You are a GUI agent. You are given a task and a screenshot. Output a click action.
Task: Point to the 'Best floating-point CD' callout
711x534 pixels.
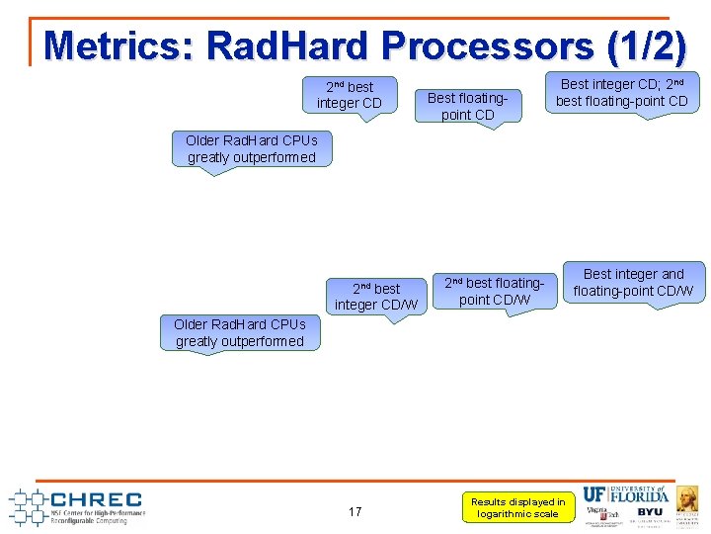[468, 106]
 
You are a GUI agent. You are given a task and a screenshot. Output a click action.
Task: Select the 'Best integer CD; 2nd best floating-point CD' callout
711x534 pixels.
[621, 93]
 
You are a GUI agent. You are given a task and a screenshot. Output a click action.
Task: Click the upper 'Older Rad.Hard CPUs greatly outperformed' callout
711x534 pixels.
[251, 149]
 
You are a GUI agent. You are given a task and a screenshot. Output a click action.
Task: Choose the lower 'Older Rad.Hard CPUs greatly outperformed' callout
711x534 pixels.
[240, 333]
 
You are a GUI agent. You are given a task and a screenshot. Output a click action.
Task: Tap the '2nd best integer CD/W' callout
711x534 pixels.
[375, 297]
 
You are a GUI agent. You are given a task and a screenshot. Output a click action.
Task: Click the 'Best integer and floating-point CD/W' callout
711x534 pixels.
[633, 282]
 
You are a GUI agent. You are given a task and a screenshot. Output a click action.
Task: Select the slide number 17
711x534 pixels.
[355, 511]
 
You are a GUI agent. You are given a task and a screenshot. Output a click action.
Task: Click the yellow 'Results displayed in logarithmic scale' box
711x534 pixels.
[517, 507]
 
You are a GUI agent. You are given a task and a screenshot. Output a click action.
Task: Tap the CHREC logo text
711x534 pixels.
[96, 499]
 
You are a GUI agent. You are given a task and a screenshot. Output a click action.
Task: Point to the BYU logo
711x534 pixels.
[650, 512]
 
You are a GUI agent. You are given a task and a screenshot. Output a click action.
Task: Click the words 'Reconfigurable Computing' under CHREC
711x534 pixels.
[89, 520]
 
